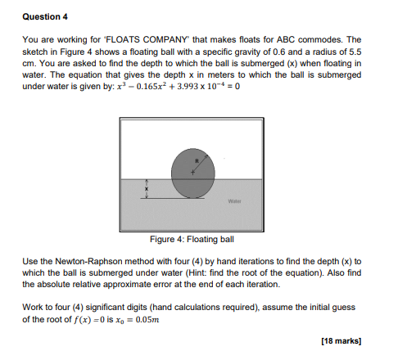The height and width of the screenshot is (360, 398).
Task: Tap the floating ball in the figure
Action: [192, 173]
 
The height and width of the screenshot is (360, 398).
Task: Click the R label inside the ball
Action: [197, 161]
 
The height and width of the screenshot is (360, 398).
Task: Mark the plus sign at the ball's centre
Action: [193, 172]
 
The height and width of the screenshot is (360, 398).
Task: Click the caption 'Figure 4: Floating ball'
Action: [192, 240]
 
